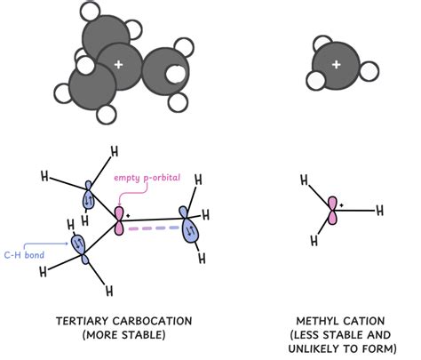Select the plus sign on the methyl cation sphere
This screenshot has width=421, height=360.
pos(336,65)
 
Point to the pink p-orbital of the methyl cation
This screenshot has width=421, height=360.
pos(332,210)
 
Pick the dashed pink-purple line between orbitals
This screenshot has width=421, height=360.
pos(153,229)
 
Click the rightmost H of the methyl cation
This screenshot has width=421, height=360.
pos(381,211)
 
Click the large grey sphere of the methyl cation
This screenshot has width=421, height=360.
pos(336,66)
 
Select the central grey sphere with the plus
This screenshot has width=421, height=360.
pos(117,66)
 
